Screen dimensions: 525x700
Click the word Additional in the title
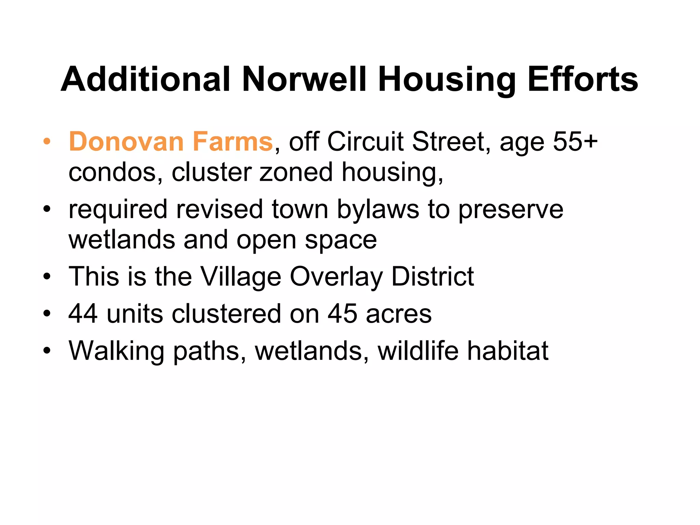(145, 79)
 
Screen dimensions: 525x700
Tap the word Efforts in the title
(582, 79)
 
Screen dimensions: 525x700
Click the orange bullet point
(47, 142)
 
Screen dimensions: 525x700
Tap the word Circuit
(365, 142)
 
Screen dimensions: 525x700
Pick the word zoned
(296, 172)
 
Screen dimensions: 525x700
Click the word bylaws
(378, 209)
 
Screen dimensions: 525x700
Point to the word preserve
(511, 209)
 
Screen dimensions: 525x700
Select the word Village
(240, 277)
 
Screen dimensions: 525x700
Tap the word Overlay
(336, 277)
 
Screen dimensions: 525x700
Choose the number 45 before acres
(342, 314)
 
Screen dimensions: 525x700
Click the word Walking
(116, 351)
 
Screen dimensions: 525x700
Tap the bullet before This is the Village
(47, 277)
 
